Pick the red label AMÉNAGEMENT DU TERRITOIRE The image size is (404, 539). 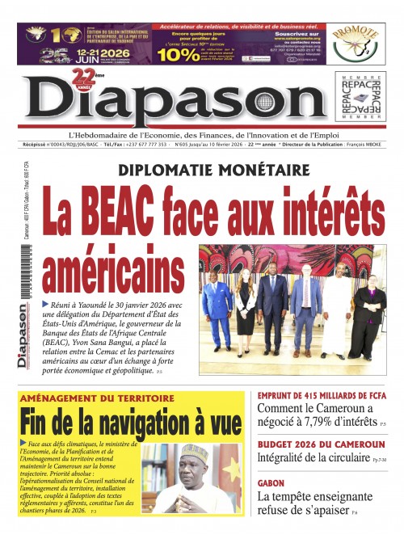tap(97, 399)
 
